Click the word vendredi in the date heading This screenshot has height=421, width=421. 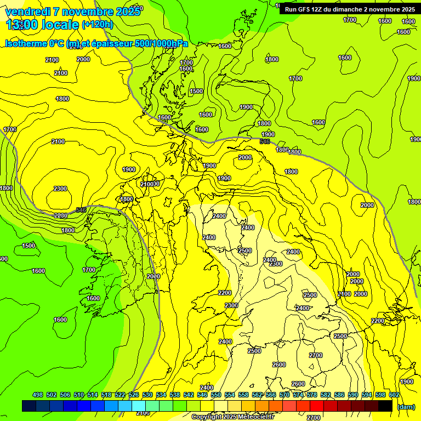pyautogui.click(x=28, y=12)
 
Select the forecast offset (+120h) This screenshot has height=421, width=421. pyautogui.click(x=97, y=24)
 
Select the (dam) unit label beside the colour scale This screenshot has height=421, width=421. pyautogui.click(x=406, y=406)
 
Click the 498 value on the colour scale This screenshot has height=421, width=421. pyautogui.click(x=38, y=395)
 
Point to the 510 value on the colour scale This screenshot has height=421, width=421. pyautogui.click(x=79, y=395)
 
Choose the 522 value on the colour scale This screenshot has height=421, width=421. pyautogui.click(x=120, y=395)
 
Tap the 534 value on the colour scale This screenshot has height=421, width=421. pyautogui.click(x=161, y=395)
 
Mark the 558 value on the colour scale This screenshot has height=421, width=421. pyautogui.click(x=243, y=395)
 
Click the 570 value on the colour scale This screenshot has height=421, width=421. pyautogui.click(x=285, y=395)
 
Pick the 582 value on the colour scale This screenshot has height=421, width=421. pyautogui.click(x=326, y=395)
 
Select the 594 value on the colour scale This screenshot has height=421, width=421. pyautogui.click(x=367, y=395)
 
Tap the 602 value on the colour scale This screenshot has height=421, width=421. pyautogui.click(x=394, y=395)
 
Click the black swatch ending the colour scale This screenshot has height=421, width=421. pyautogui.click(x=385, y=406)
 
